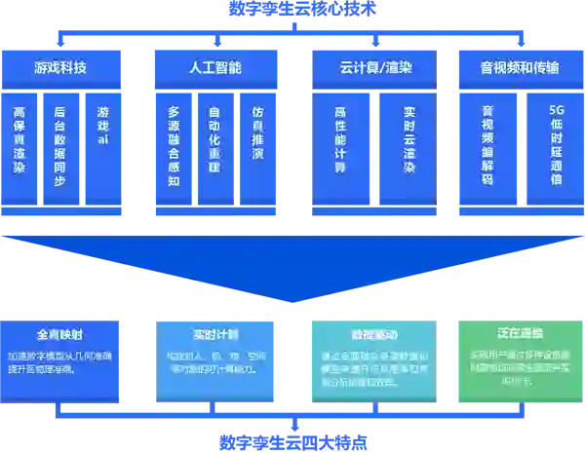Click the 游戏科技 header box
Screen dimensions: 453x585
click(60, 68)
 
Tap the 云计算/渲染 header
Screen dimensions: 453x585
click(375, 68)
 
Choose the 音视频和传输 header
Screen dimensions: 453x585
click(520, 68)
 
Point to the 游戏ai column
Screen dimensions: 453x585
click(102, 128)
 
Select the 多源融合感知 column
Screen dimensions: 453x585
click(174, 146)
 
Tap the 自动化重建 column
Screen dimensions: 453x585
click(214, 140)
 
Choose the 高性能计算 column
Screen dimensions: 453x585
click(341, 140)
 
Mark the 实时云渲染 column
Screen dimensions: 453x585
click(409, 140)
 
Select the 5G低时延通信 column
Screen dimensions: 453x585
click(557, 146)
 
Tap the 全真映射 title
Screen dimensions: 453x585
click(60, 332)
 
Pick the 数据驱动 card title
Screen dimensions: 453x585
click(368, 332)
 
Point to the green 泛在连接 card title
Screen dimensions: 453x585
click(520, 332)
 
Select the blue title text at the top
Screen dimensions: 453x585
click(292, 8)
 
